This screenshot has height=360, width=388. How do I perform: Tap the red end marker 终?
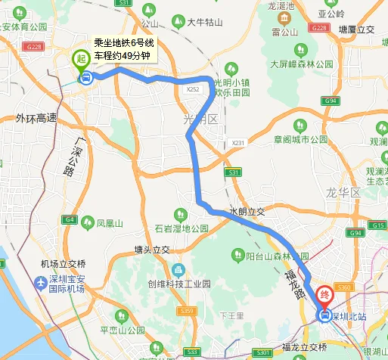[x=324, y=295]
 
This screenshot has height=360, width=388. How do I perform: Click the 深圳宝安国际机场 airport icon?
[x=40, y=282]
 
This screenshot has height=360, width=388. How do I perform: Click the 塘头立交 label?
[x=152, y=249]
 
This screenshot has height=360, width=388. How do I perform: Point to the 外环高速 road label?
[x=36, y=118]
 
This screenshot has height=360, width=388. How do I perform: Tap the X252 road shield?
[x=193, y=89]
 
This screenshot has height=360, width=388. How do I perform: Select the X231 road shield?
[x=238, y=142]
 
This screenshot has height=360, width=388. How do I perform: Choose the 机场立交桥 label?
[x=64, y=263]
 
